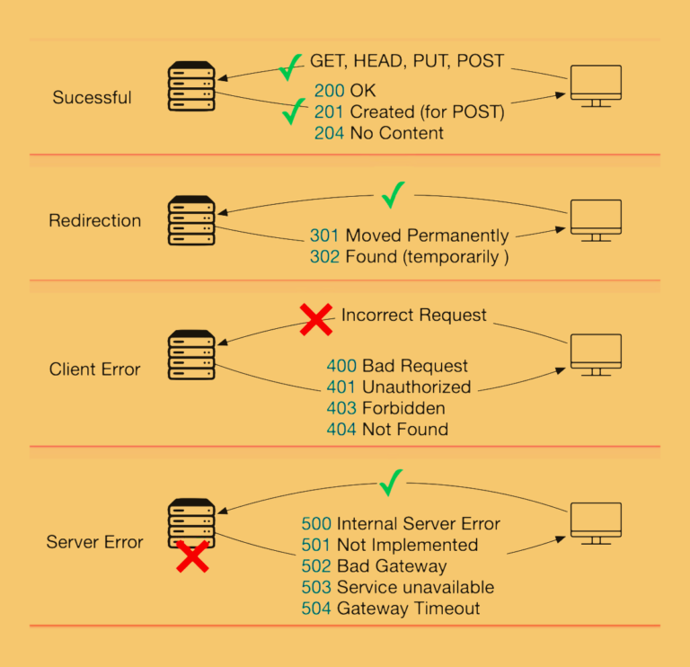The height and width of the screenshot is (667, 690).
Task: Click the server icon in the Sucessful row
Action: click(x=191, y=87)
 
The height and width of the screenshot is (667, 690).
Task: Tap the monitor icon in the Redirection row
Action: click(x=596, y=219)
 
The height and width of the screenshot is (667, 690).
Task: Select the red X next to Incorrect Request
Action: click(x=315, y=318)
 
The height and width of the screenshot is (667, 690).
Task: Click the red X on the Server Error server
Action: click(x=191, y=556)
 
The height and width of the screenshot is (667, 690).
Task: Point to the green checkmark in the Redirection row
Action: click(x=393, y=194)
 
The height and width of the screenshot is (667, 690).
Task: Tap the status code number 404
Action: click(x=341, y=430)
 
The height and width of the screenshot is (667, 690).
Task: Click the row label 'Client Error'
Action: click(x=94, y=369)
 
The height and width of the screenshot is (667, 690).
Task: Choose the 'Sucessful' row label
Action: click(x=92, y=97)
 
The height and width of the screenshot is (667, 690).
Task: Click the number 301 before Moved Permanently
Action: click(x=324, y=236)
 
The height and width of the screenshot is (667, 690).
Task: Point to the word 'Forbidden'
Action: click(x=403, y=408)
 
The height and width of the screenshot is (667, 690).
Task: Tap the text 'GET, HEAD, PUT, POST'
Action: click(x=407, y=61)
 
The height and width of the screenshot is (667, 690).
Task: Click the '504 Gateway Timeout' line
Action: click(x=390, y=609)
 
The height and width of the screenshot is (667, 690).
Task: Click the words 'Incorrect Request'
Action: click(x=413, y=315)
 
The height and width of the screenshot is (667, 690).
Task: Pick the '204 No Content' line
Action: click(x=378, y=133)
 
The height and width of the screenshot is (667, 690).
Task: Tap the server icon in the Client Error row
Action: click(x=191, y=354)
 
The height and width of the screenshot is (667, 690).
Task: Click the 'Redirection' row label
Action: click(x=94, y=220)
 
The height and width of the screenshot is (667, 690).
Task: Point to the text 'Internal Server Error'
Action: click(x=418, y=523)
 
